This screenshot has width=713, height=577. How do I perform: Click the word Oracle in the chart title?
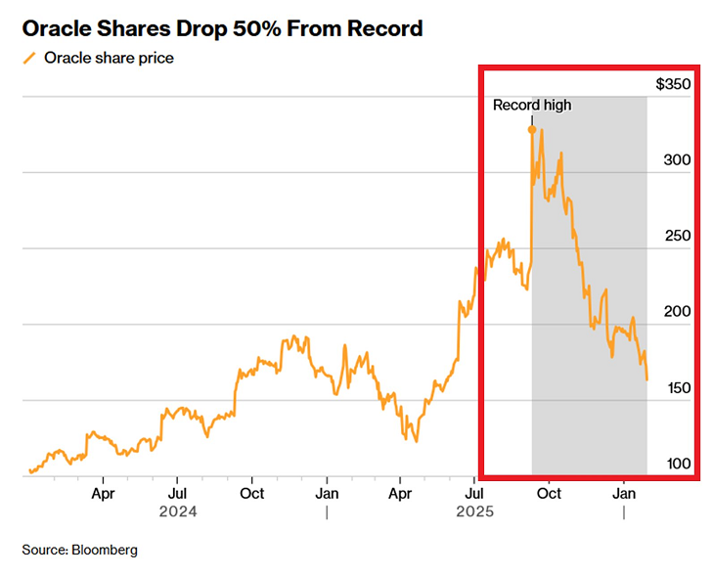pos(59,28)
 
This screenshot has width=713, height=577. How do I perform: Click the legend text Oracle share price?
pos(109,58)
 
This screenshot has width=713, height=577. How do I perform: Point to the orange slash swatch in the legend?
pos(29,58)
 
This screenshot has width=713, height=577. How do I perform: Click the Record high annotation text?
pos(532,106)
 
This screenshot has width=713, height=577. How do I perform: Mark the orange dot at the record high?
pos(532,129)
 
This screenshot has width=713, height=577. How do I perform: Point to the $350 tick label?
pos(674,85)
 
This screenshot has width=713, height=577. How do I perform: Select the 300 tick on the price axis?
pos(677,160)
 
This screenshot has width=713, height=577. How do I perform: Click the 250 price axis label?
pos(677,237)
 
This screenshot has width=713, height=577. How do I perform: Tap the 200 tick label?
pos(677,312)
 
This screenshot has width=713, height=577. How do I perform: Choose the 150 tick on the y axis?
pos(677,388)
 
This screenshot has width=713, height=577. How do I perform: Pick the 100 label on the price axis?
pos(677,464)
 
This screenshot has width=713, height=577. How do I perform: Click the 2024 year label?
pos(177,511)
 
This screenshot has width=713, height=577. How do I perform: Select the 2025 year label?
pos(474,511)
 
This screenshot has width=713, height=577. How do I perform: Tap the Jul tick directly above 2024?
pos(177,494)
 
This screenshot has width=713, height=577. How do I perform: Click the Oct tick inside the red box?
pos(550,494)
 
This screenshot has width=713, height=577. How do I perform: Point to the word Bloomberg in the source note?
pos(104,550)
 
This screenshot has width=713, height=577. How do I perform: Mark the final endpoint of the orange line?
pos(646,379)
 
